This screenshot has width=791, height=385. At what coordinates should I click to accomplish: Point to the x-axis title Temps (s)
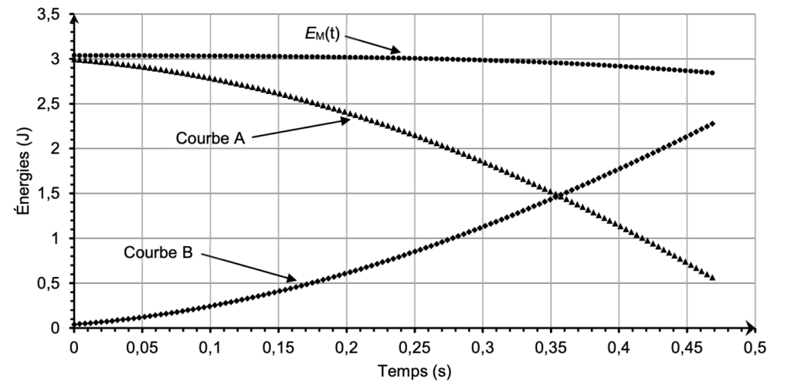(413, 371)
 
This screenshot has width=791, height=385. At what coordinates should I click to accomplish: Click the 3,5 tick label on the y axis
(49, 14)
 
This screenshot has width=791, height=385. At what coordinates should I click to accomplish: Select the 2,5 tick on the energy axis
(49, 104)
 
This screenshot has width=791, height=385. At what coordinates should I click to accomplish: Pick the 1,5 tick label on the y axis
(49, 194)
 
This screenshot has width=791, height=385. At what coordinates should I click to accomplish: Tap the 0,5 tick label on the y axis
(49, 283)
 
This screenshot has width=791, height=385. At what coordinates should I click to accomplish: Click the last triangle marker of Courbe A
(713, 278)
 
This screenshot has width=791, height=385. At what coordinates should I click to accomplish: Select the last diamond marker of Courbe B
(713, 123)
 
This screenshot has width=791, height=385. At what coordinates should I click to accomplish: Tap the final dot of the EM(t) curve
(713, 73)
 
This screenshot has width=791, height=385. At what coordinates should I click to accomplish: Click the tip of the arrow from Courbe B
(296, 279)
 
